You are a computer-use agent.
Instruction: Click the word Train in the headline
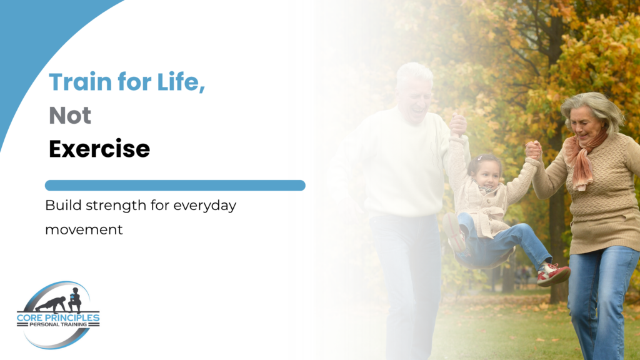click(81, 82)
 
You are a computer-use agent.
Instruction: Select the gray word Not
click(70, 115)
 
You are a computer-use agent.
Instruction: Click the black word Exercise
click(99, 149)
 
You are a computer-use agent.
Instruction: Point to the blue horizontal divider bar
click(175, 185)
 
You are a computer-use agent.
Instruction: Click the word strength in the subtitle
click(116, 205)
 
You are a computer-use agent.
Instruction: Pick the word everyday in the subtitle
click(205, 206)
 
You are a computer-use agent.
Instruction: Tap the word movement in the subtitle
click(84, 230)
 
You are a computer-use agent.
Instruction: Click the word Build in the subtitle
click(64, 204)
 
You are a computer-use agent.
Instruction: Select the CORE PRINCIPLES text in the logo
click(58, 317)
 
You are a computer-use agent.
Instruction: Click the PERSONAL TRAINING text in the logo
click(58, 324)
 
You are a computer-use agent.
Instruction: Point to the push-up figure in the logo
click(51, 304)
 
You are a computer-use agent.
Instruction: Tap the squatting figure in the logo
click(75, 300)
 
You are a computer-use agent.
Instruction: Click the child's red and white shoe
click(553, 274)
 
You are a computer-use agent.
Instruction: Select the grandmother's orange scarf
click(582, 160)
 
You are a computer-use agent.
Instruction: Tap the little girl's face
click(486, 175)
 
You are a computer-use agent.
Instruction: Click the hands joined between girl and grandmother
click(533, 150)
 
